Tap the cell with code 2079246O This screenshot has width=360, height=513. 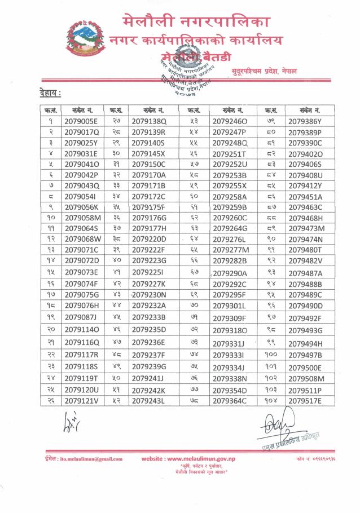click(230, 121)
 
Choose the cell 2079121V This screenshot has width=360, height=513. click(82, 401)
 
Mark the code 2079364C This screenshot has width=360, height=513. click(230, 401)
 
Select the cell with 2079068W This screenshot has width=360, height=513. click(82, 239)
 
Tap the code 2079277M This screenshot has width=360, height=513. click(230, 250)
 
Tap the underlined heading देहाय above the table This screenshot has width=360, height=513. click(50, 92)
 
